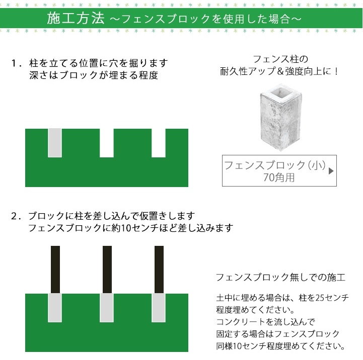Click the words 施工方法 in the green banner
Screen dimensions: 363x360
tap(76, 18)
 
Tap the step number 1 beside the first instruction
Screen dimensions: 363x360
tap(14, 63)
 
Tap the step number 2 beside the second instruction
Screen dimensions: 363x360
tap(14, 216)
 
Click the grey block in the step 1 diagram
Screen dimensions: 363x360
tap(55, 143)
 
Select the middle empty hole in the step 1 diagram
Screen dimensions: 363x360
tap(107, 143)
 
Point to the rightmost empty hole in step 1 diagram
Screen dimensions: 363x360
tap(159, 143)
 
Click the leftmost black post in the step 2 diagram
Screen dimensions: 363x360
tap(55, 269)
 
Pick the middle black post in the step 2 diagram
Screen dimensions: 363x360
tap(107, 269)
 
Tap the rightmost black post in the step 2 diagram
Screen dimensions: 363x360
tap(159, 269)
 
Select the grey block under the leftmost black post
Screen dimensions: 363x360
tap(55, 308)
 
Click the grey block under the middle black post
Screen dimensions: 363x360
tap(107, 308)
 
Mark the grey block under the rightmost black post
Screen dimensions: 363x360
tap(159, 308)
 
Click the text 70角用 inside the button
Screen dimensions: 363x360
tap(279, 177)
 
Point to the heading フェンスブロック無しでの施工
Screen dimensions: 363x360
tap(280, 277)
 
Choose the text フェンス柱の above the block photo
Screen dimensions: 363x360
tap(281, 59)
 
